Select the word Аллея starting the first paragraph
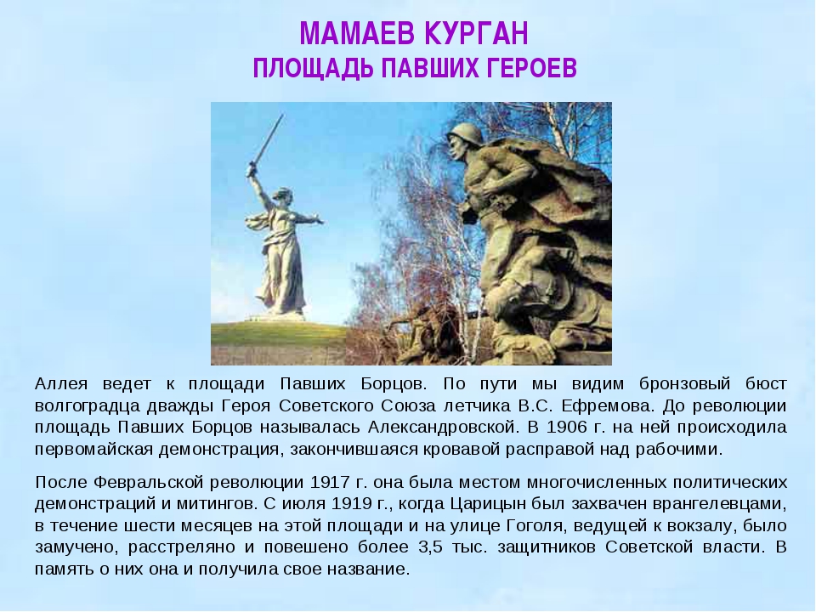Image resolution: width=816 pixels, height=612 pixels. (61, 384)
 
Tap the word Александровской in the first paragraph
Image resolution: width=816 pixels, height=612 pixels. (443, 428)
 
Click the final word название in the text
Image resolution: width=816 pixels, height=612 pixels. (368, 569)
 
